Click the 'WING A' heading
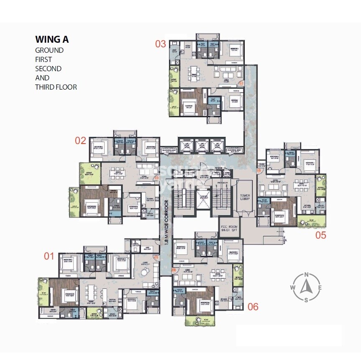52,40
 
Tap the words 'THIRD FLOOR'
56,87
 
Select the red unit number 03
161,44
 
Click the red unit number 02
80,140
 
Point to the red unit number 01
49,256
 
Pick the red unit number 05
320,235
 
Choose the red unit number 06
253,306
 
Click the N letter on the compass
307,275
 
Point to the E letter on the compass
320,287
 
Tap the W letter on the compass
292,287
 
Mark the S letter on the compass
307,299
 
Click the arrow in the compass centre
307,287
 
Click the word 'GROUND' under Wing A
49,50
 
